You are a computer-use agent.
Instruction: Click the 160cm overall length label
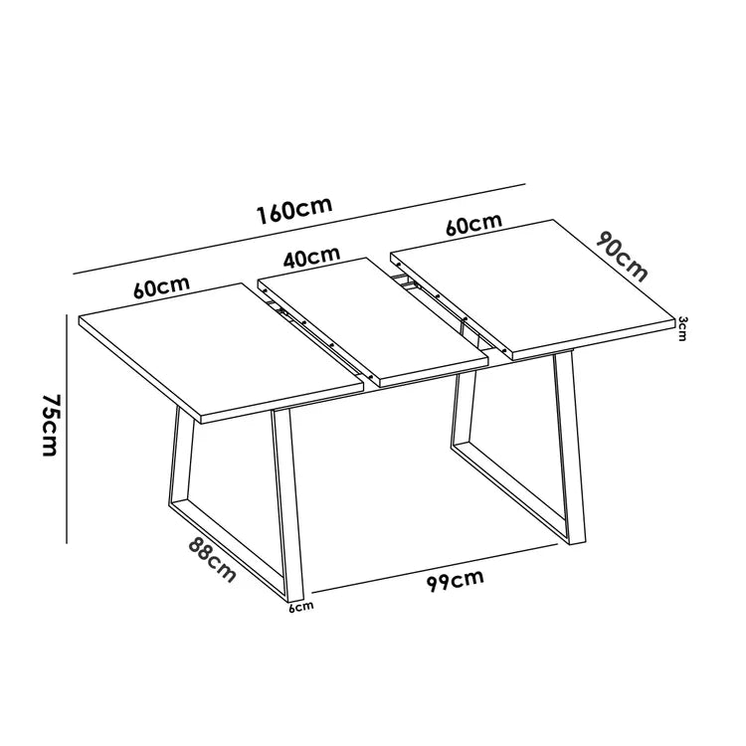294,210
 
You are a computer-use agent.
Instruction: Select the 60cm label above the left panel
162,286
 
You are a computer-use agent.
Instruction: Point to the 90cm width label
622,257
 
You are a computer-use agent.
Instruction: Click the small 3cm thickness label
681,328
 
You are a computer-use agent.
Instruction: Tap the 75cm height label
50,426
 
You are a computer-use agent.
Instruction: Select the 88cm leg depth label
212,559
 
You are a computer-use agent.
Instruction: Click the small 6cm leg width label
301,607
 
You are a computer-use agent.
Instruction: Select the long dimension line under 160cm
299,229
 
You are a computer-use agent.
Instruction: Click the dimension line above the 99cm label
435,569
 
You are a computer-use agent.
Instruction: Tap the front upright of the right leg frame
570,448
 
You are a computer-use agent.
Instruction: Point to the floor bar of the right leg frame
510,493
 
